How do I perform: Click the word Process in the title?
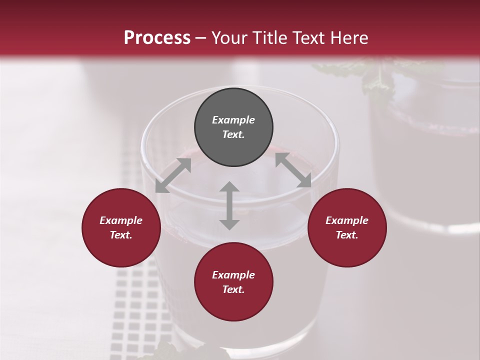(x=157, y=37)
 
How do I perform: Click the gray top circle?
(x=233, y=127)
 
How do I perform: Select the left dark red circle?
(x=121, y=227)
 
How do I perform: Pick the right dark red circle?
(x=347, y=227)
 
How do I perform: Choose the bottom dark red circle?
(x=233, y=282)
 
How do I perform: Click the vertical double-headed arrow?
(x=229, y=205)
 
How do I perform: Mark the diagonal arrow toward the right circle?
(x=293, y=170)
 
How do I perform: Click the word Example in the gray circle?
(x=233, y=120)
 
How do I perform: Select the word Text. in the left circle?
(x=121, y=235)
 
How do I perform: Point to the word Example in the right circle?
(x=347, y=220)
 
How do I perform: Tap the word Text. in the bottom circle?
(x=233, y=289)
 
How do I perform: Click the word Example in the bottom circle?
(x=233, y=275)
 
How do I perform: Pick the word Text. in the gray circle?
(x=233, y=134)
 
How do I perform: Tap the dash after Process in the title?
(x=201, y=37)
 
